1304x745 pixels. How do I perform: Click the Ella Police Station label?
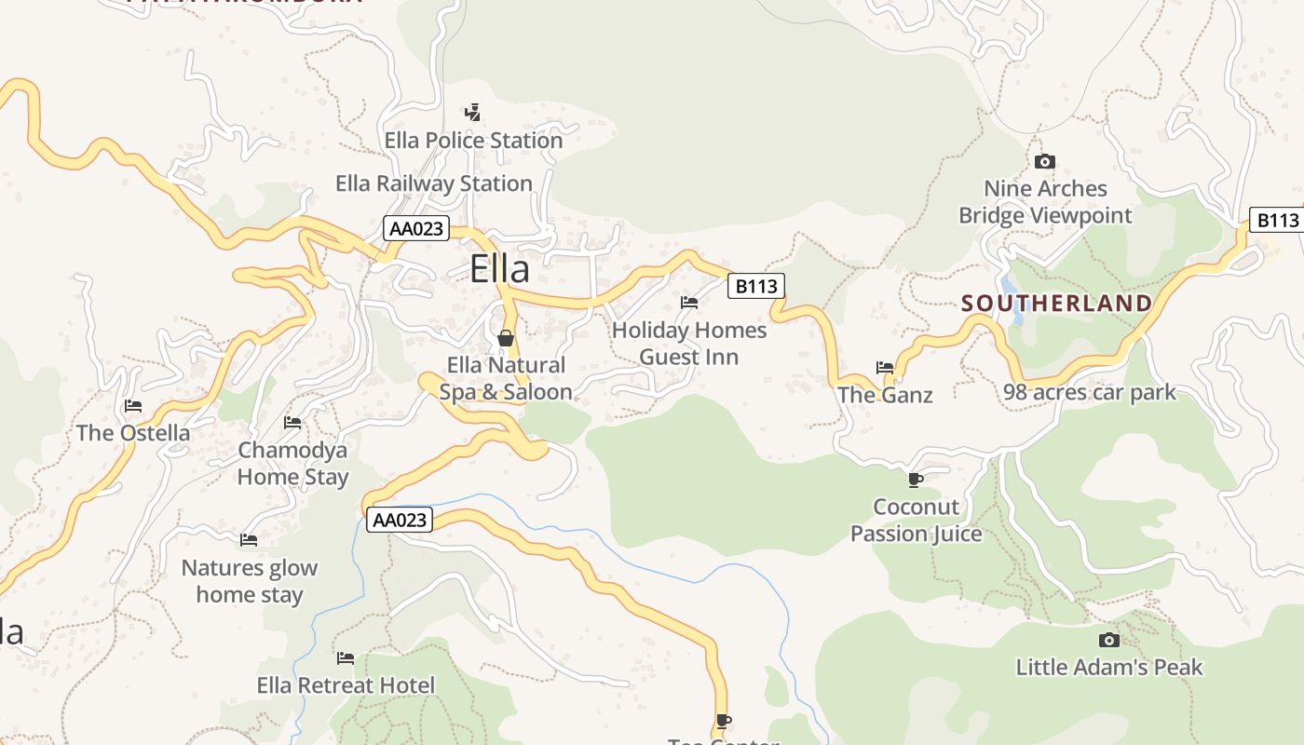(473, 141)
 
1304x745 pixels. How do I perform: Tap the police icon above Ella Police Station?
(473, 113)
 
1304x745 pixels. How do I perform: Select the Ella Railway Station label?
(434, 183)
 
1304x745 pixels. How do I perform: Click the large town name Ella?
(499, 269)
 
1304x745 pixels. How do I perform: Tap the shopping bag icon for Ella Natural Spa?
(506, 337)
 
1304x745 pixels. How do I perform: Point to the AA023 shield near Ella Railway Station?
(415, 228)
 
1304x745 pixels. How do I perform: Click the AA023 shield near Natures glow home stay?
(400, 520)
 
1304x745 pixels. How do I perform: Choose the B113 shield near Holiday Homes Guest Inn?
(755, 286)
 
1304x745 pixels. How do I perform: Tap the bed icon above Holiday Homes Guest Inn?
(689, 303)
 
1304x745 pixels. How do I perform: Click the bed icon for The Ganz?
(885, 368)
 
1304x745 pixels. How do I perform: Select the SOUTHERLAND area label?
(1056, 304)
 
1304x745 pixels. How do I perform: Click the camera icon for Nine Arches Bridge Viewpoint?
(1045, 162)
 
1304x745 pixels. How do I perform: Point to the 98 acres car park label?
(1090, 392)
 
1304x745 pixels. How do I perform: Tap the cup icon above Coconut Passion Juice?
(916, 480)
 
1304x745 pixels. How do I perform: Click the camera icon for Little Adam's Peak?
(1108, 640)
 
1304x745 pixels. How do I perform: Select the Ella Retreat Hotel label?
(346, 686)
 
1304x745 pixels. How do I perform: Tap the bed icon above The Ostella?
(133, 406)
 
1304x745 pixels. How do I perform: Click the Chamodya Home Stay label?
(292, 464)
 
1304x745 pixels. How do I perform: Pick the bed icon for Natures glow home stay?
(249, 540)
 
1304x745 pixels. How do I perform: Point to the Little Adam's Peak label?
(1108, 667)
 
